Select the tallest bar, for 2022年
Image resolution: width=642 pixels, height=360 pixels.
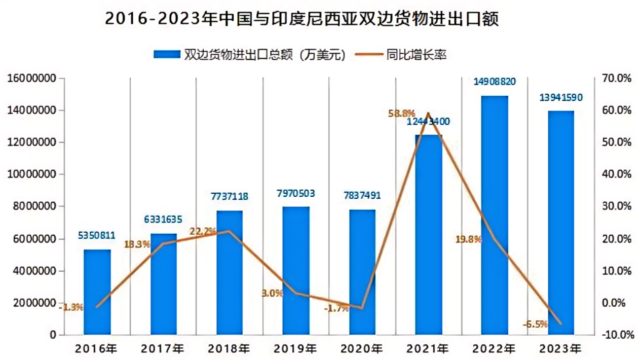pos(495,215)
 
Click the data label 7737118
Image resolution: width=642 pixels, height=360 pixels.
pos(230,196)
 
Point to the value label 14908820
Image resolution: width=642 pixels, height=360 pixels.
pos(495,82)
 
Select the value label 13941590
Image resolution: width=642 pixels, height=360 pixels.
pos(560,97)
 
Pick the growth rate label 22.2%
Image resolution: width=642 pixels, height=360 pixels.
pos(203,231)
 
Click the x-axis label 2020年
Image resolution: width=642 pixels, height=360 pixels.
pos(362,349)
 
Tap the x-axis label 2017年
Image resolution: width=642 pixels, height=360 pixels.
pos(163,349)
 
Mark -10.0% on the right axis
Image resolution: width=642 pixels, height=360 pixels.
pos(616,335)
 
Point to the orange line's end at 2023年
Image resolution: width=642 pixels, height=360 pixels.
pos(560,323)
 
